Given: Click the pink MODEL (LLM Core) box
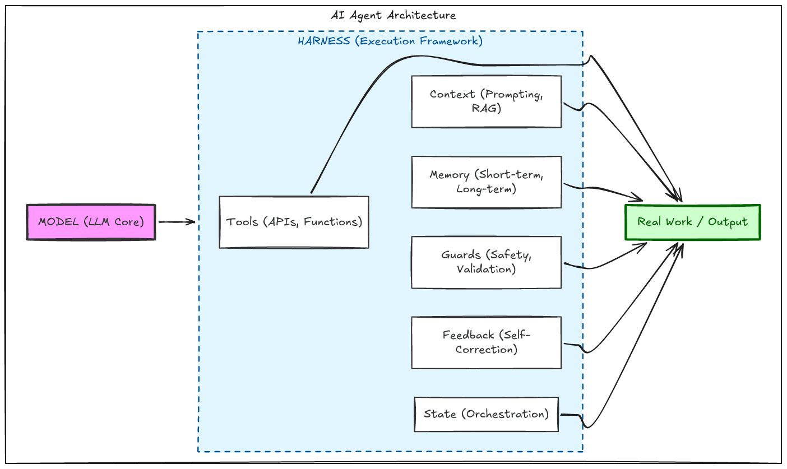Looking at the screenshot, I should click(91, 222).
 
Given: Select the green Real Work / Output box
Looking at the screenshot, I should click(692, 222).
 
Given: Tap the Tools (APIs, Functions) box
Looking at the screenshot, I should click(294, 222).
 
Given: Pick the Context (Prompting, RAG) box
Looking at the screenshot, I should click(486, 101).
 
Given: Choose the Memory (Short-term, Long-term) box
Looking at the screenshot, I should click(486, 182).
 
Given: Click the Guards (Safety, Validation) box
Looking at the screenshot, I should click(486, 262).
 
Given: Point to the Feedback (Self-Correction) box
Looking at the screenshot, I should click(486, 342).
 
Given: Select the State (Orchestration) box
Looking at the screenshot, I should click(486, 414).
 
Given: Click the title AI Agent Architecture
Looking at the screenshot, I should click(393, 15).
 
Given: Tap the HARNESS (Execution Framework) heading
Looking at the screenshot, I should click(390, 41).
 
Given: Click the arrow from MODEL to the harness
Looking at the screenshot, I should click(177, 222).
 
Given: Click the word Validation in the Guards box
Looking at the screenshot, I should click(486, 270).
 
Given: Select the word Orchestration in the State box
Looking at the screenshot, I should click(507, 414).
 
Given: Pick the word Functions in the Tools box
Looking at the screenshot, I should click(335, 222).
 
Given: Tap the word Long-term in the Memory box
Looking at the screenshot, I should click(486, 189).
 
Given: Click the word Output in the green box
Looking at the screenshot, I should click(728, 222).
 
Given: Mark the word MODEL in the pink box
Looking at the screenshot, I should click(58, 222).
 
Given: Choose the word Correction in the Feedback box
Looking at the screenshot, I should click(486, 350).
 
